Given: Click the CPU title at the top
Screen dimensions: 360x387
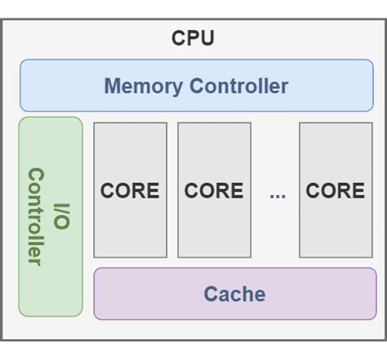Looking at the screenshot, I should pos(193,38).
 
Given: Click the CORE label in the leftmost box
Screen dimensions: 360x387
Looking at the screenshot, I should pos(130,191).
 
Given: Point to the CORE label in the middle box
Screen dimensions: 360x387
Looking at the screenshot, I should pos(214,191).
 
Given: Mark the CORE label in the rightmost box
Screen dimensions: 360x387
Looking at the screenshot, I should pos(335,191).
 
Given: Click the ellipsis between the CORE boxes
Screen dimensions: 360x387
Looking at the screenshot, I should pos(278,195).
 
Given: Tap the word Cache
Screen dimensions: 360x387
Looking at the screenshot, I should pos(234,294).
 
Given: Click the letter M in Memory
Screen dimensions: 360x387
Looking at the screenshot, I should pos(113,86).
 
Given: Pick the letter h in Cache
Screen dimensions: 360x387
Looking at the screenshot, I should pos(247,294).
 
